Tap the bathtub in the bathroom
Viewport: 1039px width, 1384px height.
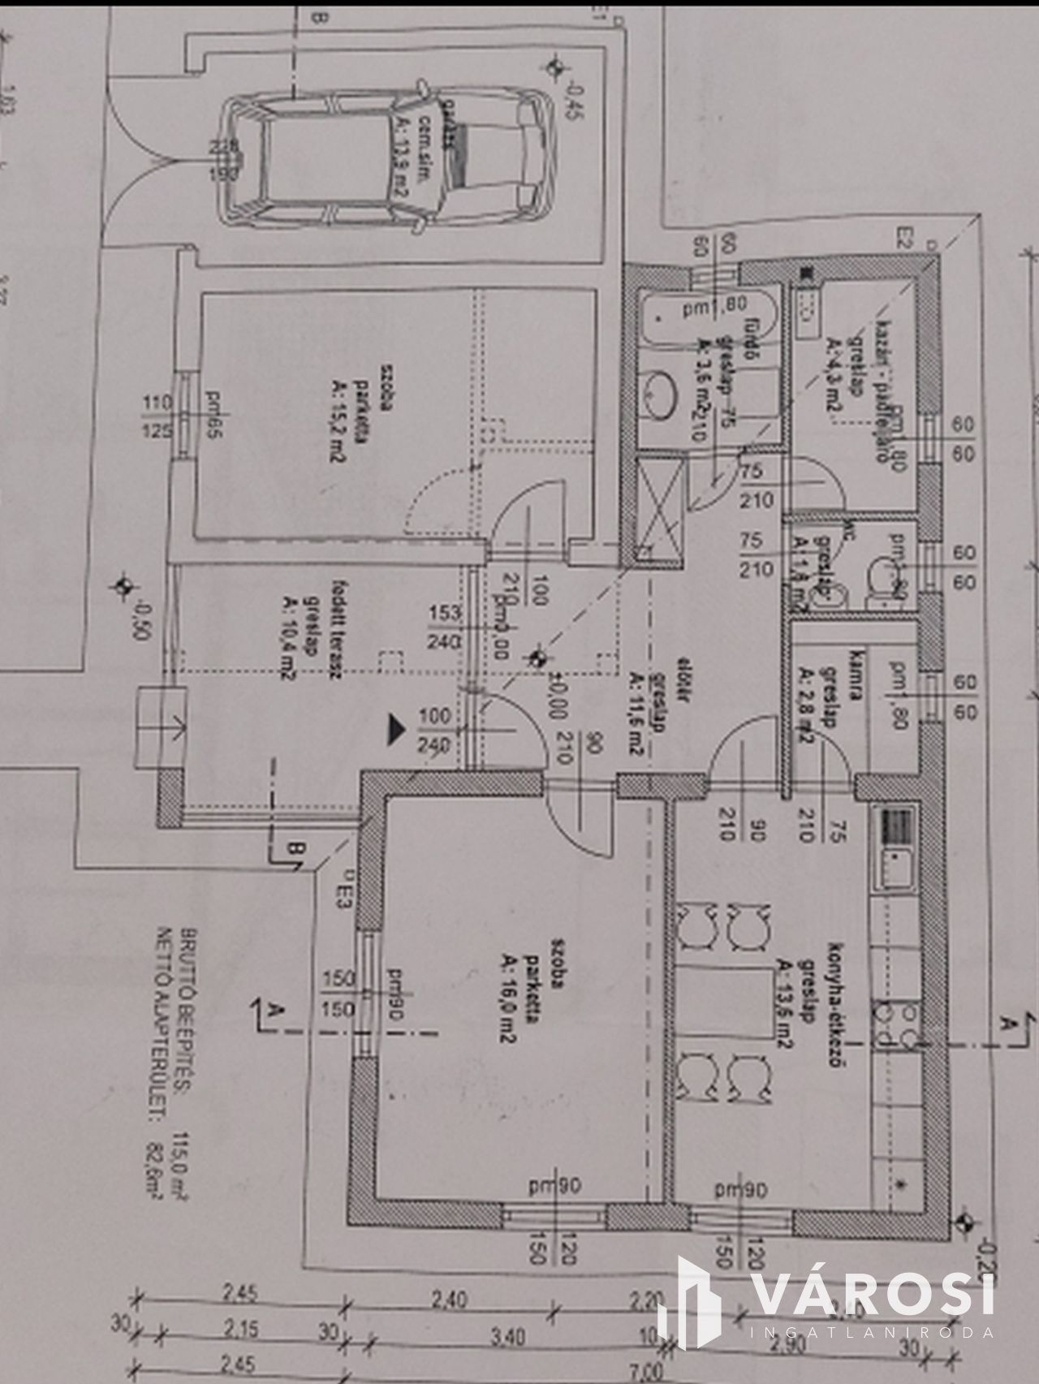706,321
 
